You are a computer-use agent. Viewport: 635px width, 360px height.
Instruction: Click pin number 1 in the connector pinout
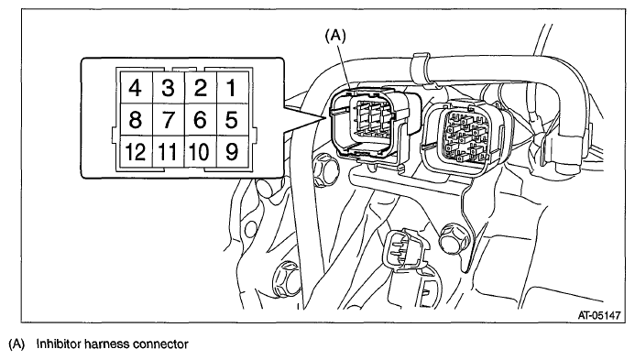233,88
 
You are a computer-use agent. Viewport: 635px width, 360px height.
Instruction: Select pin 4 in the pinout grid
136,88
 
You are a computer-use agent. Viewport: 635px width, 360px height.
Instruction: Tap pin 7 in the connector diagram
168,120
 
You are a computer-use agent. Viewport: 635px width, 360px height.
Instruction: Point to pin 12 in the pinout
136,152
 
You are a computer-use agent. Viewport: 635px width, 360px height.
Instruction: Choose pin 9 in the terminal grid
233,152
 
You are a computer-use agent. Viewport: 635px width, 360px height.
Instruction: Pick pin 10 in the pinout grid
201,152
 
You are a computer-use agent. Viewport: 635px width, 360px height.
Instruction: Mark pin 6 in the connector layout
201,120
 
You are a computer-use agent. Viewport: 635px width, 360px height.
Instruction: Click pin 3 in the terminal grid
168,88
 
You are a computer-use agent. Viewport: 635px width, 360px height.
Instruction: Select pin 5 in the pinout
233,120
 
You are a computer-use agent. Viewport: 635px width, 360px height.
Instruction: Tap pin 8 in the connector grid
136,120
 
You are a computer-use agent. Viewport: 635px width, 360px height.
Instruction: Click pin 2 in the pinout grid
201,88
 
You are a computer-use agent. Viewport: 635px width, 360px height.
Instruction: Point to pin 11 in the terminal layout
168,152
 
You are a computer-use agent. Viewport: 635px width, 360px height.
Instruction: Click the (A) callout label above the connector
335,36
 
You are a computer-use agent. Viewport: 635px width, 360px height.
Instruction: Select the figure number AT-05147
599,315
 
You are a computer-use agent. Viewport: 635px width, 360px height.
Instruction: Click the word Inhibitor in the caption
58,344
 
